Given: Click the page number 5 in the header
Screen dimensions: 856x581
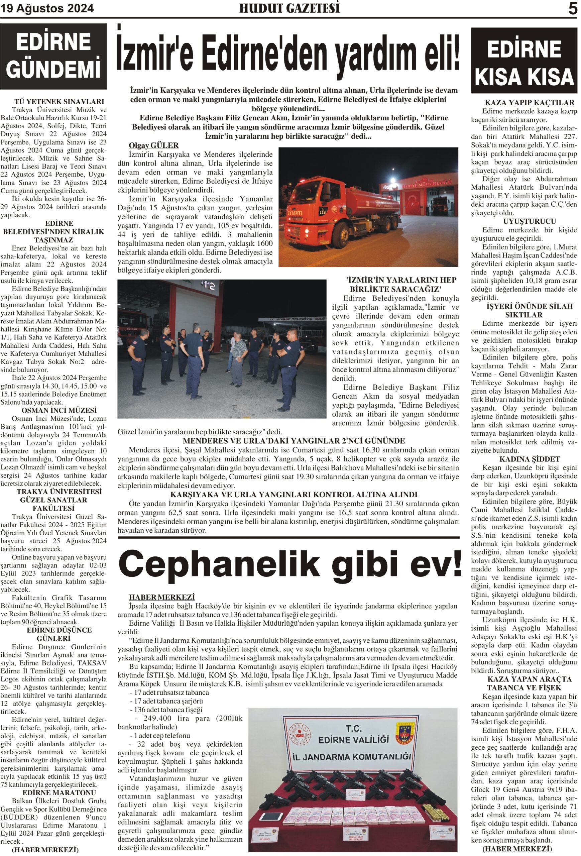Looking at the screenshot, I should click(x=573, y=8).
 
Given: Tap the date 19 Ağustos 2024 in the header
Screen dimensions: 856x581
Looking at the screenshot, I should click(x=47, y=8).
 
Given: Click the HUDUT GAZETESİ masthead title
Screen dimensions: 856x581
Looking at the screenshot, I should click(x=289, y=8).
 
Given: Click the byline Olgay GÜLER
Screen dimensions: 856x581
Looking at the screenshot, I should click(x=153, y=145).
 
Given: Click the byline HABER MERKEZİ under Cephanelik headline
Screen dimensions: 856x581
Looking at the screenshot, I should click(x=162, y=597).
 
